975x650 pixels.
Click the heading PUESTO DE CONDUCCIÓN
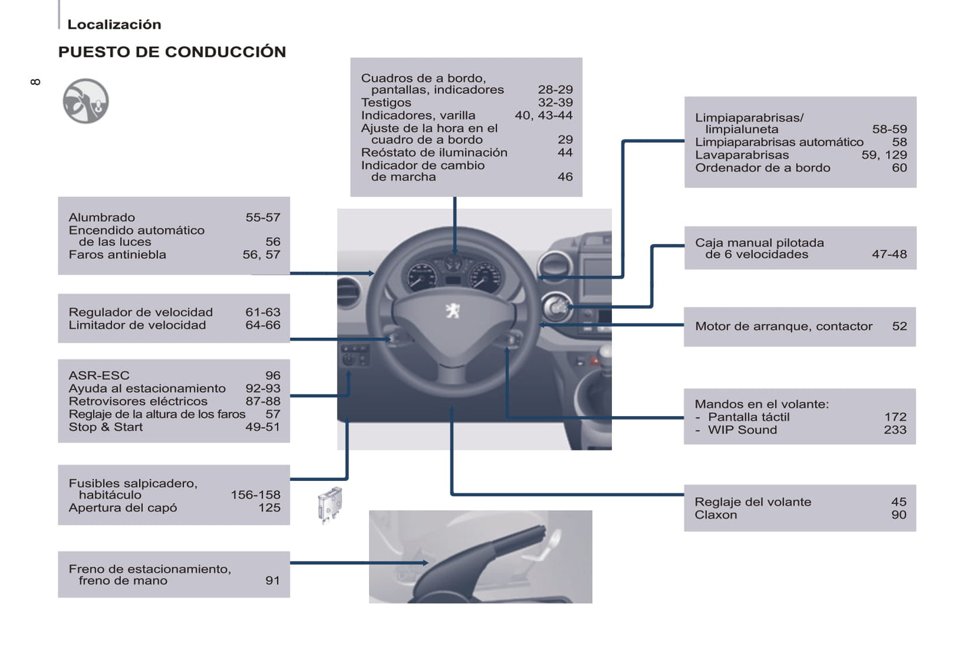[x=172, y=52]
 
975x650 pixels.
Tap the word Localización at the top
[x=114, y=24]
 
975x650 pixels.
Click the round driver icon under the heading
[x=86, y=101]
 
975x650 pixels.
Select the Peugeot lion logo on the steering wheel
[x=453, y=311]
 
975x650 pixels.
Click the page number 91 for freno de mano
[x=273, y=581]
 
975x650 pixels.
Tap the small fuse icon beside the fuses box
[x=330, y=504]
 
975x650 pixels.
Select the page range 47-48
[x=889, y=254]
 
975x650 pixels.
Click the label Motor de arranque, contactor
[x=783, y=326]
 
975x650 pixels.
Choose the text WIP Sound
[x=742, y=430]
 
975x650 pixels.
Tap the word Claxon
[x=716, y=515]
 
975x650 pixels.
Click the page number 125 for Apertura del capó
[x=269, y=508]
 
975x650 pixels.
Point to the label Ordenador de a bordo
[x=762, y=168]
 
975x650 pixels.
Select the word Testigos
[x=386, y=102]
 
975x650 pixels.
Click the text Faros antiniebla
[x=117, y=255]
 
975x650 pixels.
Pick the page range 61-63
[x=262, y=312]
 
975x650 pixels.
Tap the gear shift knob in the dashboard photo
[x=605, y=353]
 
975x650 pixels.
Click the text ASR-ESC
[x=99, y=376]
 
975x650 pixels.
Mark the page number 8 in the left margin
[x=35, y=82]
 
